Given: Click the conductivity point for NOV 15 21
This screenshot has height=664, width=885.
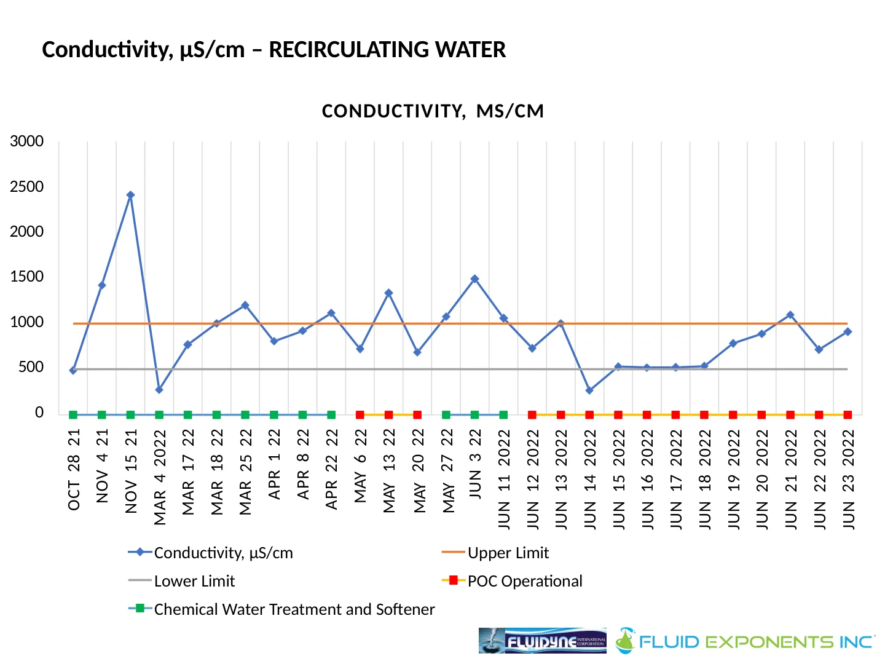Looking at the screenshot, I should pos(130,195).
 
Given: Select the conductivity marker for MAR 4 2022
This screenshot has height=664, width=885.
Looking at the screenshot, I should pos(159,390).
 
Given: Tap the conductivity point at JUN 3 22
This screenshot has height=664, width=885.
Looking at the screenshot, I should pos(474,279).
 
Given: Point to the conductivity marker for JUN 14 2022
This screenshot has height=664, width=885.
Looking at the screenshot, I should pos(589,390).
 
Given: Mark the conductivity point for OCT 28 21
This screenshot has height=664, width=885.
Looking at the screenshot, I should pos(73,370).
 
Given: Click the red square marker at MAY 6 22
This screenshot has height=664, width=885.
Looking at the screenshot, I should pos(360,415).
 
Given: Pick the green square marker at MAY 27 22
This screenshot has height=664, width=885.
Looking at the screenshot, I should pos(446,415).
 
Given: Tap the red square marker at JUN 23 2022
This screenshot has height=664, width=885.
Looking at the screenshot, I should pos(848,415).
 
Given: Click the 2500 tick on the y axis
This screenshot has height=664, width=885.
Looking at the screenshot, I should pos(27,187).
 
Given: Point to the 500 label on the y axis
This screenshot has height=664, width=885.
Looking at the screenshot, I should pos(31,367).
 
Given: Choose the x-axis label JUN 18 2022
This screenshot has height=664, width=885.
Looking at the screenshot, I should pos(704,479).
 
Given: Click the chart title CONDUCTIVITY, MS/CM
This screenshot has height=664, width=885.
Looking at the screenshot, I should pos(433,111).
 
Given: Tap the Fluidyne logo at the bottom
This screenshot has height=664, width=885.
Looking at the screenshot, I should pos(542,641).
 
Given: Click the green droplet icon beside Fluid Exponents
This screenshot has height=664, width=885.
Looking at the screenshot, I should pos(626,641).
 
